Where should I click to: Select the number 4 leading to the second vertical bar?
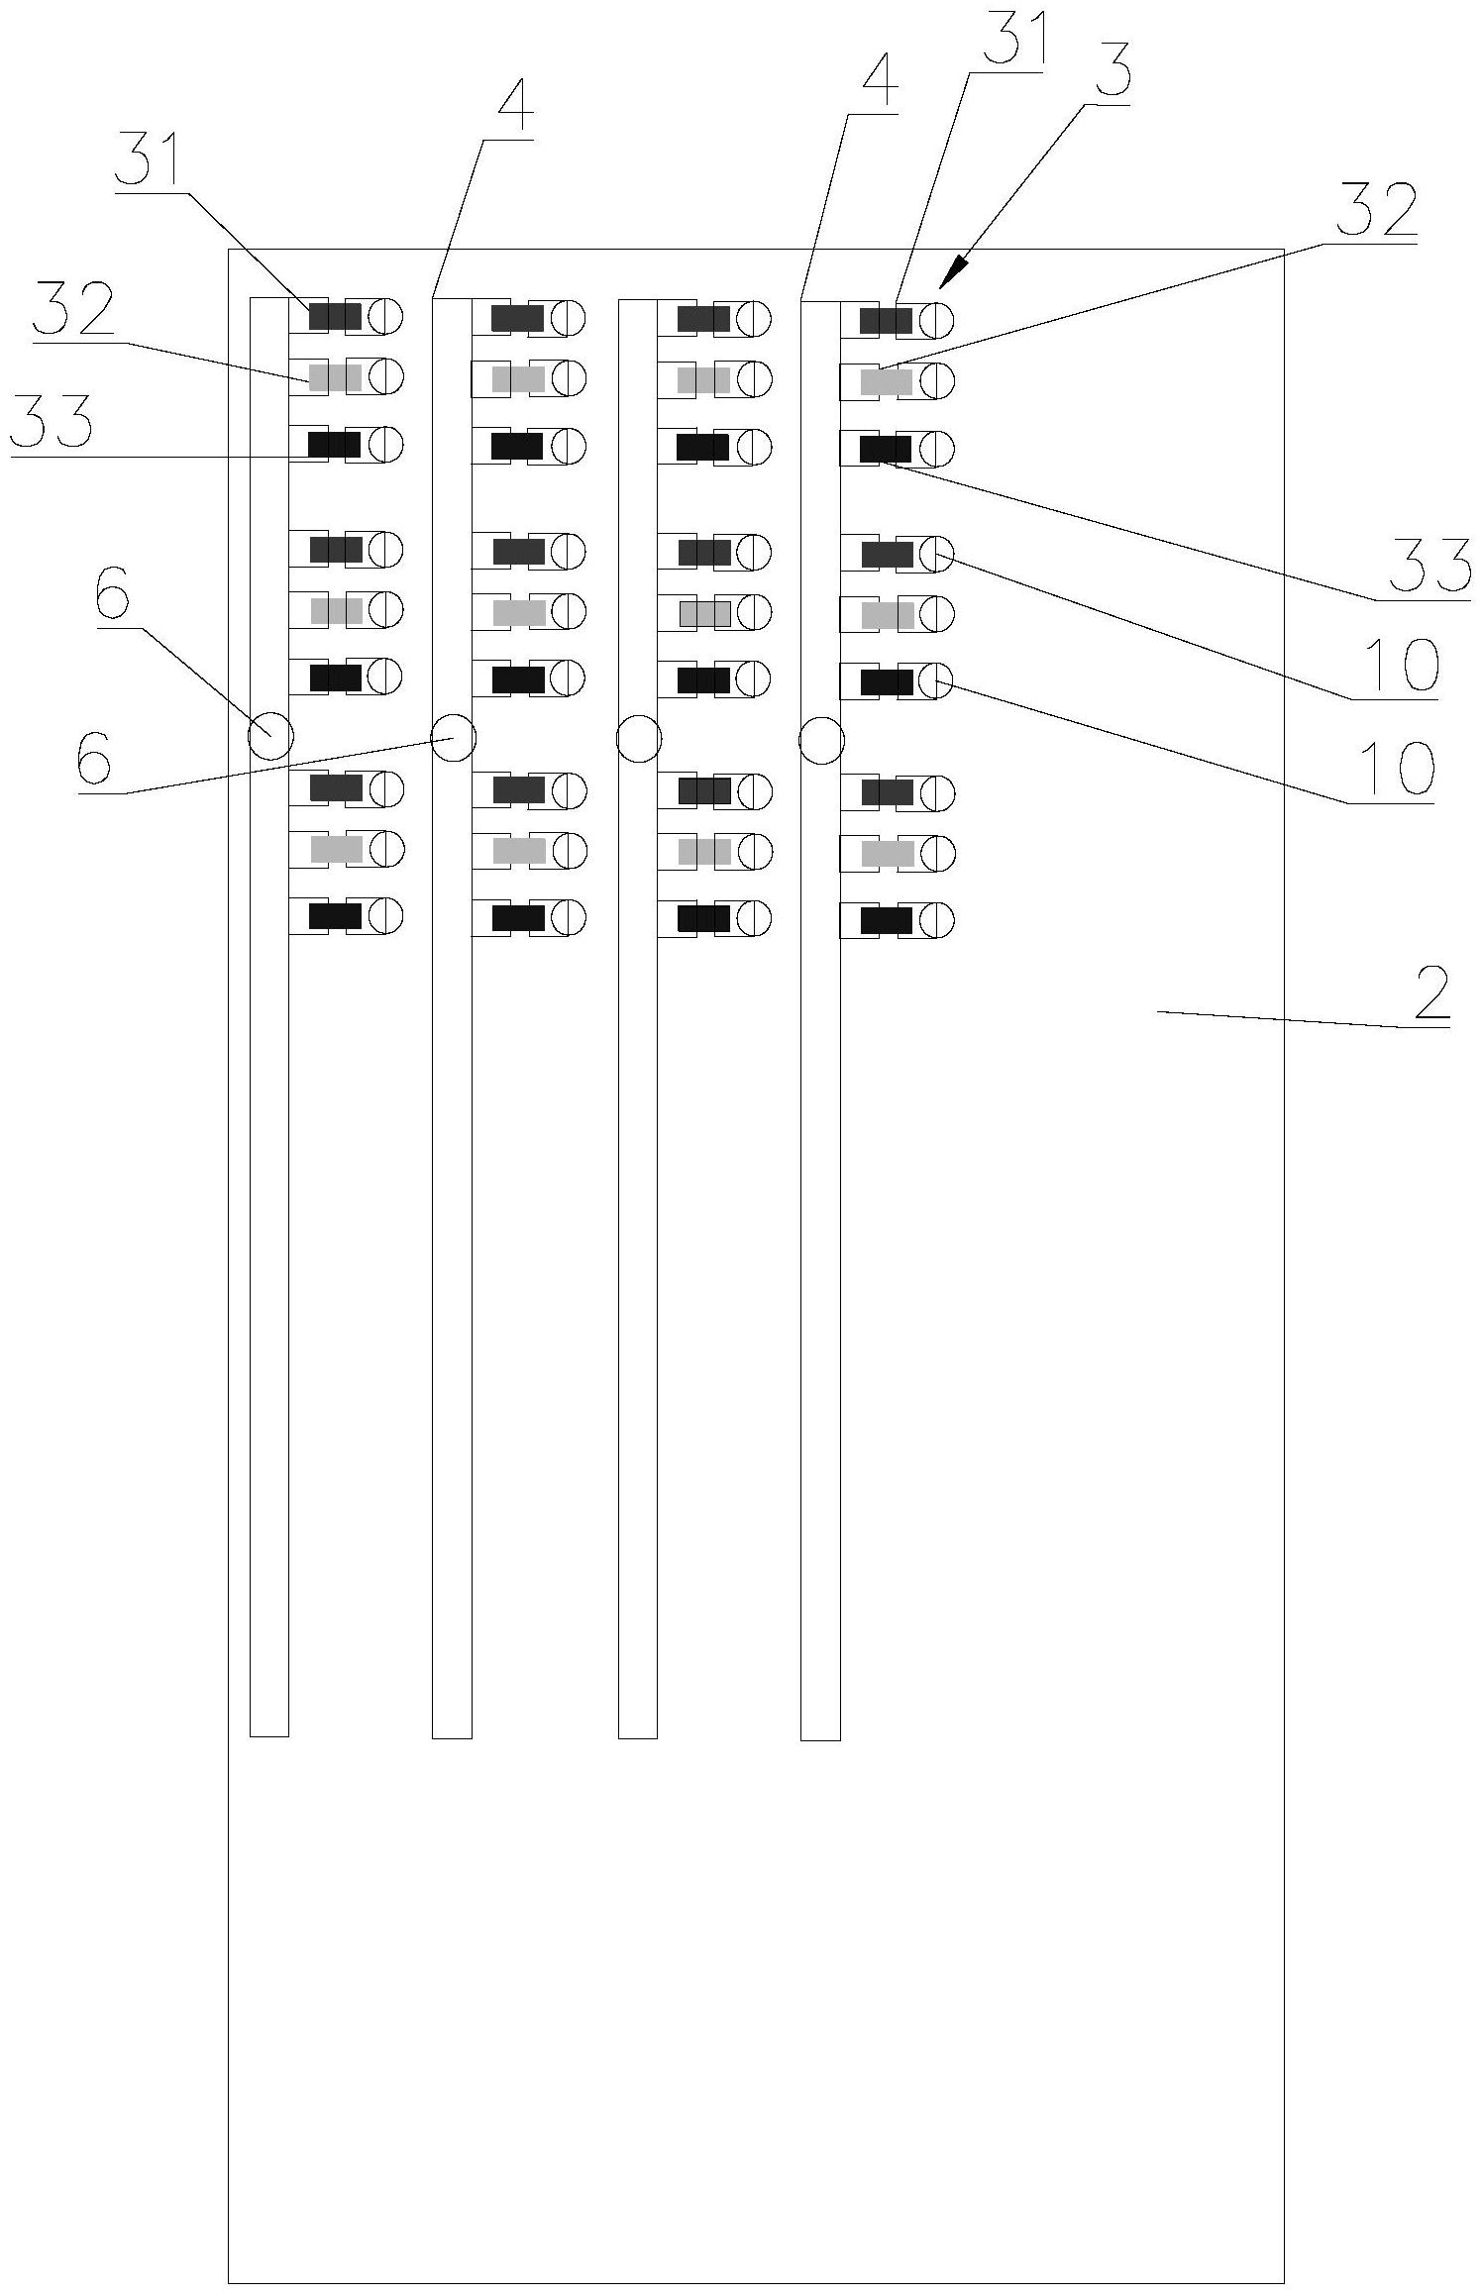click(x=515, y=107)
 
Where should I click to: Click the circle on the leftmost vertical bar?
click(x=270, y=736)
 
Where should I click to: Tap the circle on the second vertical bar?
click(x=454, y=738)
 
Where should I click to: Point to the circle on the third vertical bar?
click(x=638, y=739)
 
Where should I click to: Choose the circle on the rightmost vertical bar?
click(x=821, y=740)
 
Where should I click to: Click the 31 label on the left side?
click(x=148, y=160)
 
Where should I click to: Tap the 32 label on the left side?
click(x=74, y=310)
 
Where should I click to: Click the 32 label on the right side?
click(x=1378, y=210)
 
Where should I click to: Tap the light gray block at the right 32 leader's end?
click(x=886, y=382)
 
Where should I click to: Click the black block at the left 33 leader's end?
click(x=334, y=445)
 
